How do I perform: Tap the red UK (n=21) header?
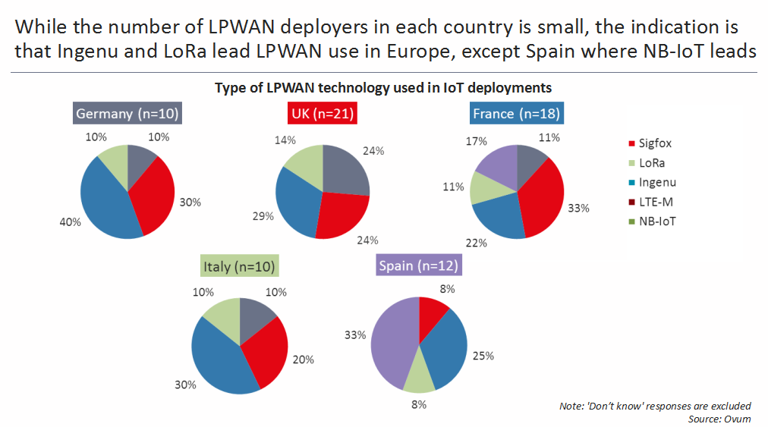(323, 115)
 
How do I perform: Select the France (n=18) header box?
(516, 115)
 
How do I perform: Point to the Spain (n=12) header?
(419, 266)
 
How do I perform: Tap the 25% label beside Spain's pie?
(483, 356)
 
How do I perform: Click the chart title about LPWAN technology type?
(382, 87)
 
